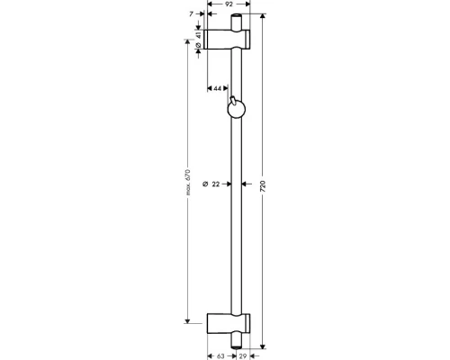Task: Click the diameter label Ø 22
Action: (x=210, y=184)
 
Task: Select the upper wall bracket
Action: (x=229, y=39)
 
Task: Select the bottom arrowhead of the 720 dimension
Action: (x=264, y=345)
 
